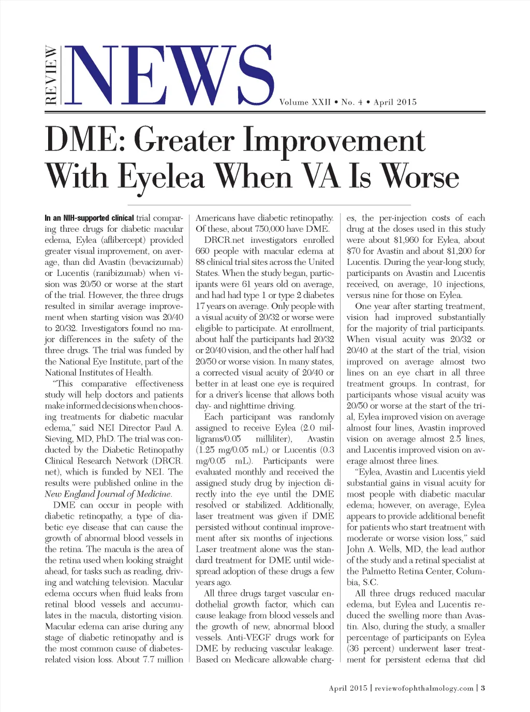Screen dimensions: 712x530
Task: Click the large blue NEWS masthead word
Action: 171,76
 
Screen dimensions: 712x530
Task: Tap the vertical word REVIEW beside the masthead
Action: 51,76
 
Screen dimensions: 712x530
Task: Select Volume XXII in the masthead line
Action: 305,102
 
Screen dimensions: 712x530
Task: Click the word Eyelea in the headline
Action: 161,177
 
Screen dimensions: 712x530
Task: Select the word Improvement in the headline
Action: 334,141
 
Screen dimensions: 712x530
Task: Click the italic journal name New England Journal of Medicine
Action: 108,494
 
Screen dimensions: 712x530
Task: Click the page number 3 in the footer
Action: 482,688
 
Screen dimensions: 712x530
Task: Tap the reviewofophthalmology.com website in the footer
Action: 424,688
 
